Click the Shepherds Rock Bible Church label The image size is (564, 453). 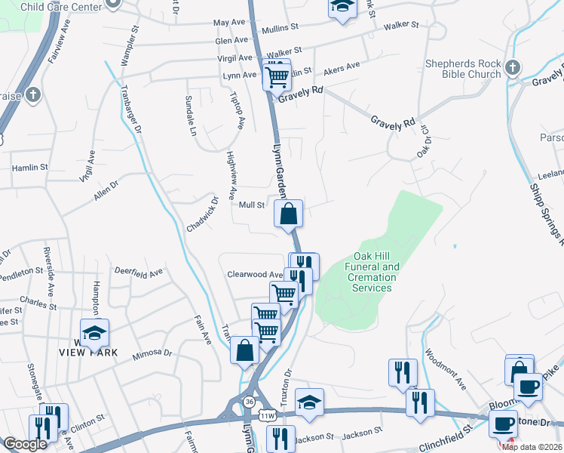click(462, 69)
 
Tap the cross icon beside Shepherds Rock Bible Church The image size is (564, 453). click(512, 68)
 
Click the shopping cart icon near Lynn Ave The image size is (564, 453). click(277, 75)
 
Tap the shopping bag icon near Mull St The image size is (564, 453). click(289, 214)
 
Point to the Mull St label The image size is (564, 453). click(251, 205)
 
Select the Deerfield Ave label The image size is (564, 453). click(138, 272)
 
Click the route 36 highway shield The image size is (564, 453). click(248, 401)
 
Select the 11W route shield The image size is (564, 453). click(267, 415)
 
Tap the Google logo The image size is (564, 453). click(26, 445)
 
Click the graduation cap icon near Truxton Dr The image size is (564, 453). click(308, 402)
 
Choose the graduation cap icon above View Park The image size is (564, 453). click(95, 333)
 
